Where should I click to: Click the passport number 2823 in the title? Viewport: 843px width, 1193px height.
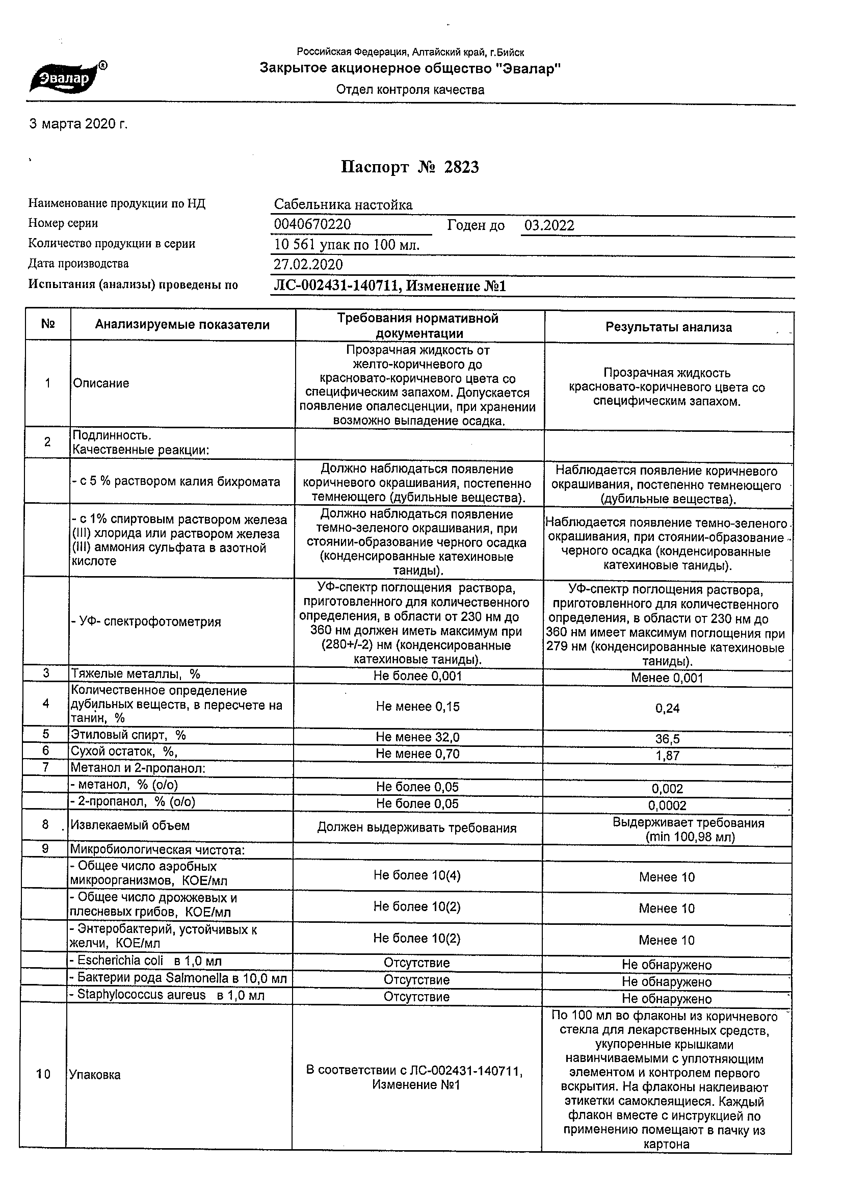[x=461, y=167]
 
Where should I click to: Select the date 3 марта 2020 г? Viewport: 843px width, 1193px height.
[x=78, y=124]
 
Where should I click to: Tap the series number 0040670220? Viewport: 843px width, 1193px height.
[x=312, y=224]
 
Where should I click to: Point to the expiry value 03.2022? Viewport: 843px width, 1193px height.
[x=549, y=225]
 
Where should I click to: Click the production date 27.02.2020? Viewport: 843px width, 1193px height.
[x=308, y=265]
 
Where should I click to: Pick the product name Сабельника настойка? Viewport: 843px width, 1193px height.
[x=344, y=205]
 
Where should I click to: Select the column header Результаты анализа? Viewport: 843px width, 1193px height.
[x=669, y=327]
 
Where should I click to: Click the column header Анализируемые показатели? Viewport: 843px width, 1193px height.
[x=182, y=325]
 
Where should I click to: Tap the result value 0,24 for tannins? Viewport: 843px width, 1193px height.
[x=667, y=708]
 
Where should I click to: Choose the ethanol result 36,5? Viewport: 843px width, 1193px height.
[x=667, y=739]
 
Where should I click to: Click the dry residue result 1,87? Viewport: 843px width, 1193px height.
[x=667, y=756]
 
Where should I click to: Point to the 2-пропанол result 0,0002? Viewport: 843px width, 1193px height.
[x=667, y=806]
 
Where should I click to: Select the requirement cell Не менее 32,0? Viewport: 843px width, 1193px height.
[x=417, y=737]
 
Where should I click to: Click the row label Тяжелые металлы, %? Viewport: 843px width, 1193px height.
[x=136, y=675]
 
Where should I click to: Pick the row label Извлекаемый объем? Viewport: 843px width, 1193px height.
[x=130, y=825]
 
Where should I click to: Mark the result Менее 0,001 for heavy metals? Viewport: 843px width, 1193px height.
[x=667, y=678]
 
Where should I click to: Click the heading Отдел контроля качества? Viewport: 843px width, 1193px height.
[x=410, y=90]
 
